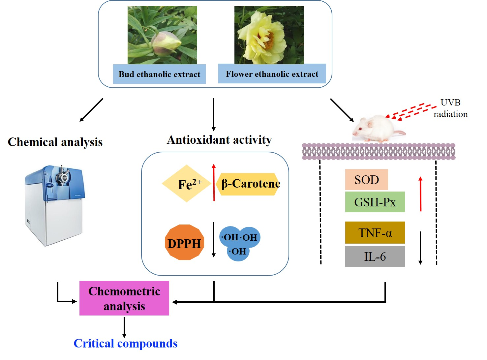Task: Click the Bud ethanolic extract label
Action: tap(159, 74)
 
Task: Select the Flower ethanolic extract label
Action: tap(272, 74)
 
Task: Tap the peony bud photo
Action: tap(162, 35)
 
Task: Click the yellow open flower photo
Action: tap(269, 35)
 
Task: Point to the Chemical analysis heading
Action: tap(55, 142)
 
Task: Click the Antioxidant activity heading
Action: tap(219, 140)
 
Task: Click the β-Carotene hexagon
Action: tap(250, 184)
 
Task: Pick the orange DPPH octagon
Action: tap(184, 243)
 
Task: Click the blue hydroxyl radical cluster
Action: tap(239, 243)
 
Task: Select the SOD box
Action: tap(366, 180)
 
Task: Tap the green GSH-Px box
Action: tap(375, 202)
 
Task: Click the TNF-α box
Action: tap(375, 233)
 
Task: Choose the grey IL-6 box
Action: tap(375, 256)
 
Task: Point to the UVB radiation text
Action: tap(450, 108)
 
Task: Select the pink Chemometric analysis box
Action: tap(124, 298)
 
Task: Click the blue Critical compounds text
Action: tap(126, 344)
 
